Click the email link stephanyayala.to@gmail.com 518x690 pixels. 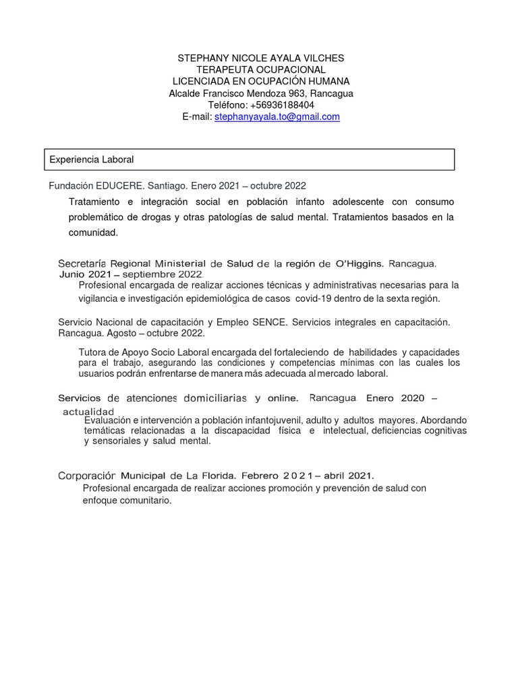[277, 117]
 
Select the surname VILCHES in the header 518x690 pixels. [321, 59]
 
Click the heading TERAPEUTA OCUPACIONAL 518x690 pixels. [261, 70]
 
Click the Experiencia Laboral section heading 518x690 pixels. [92, 160]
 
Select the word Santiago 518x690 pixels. [167, 185]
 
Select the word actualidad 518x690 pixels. [88, 412]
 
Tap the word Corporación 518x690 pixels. [88, 476]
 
